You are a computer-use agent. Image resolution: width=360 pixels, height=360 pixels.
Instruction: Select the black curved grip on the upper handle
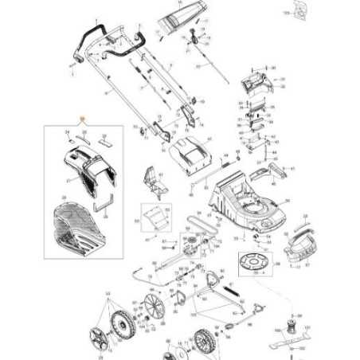[92, 35]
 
